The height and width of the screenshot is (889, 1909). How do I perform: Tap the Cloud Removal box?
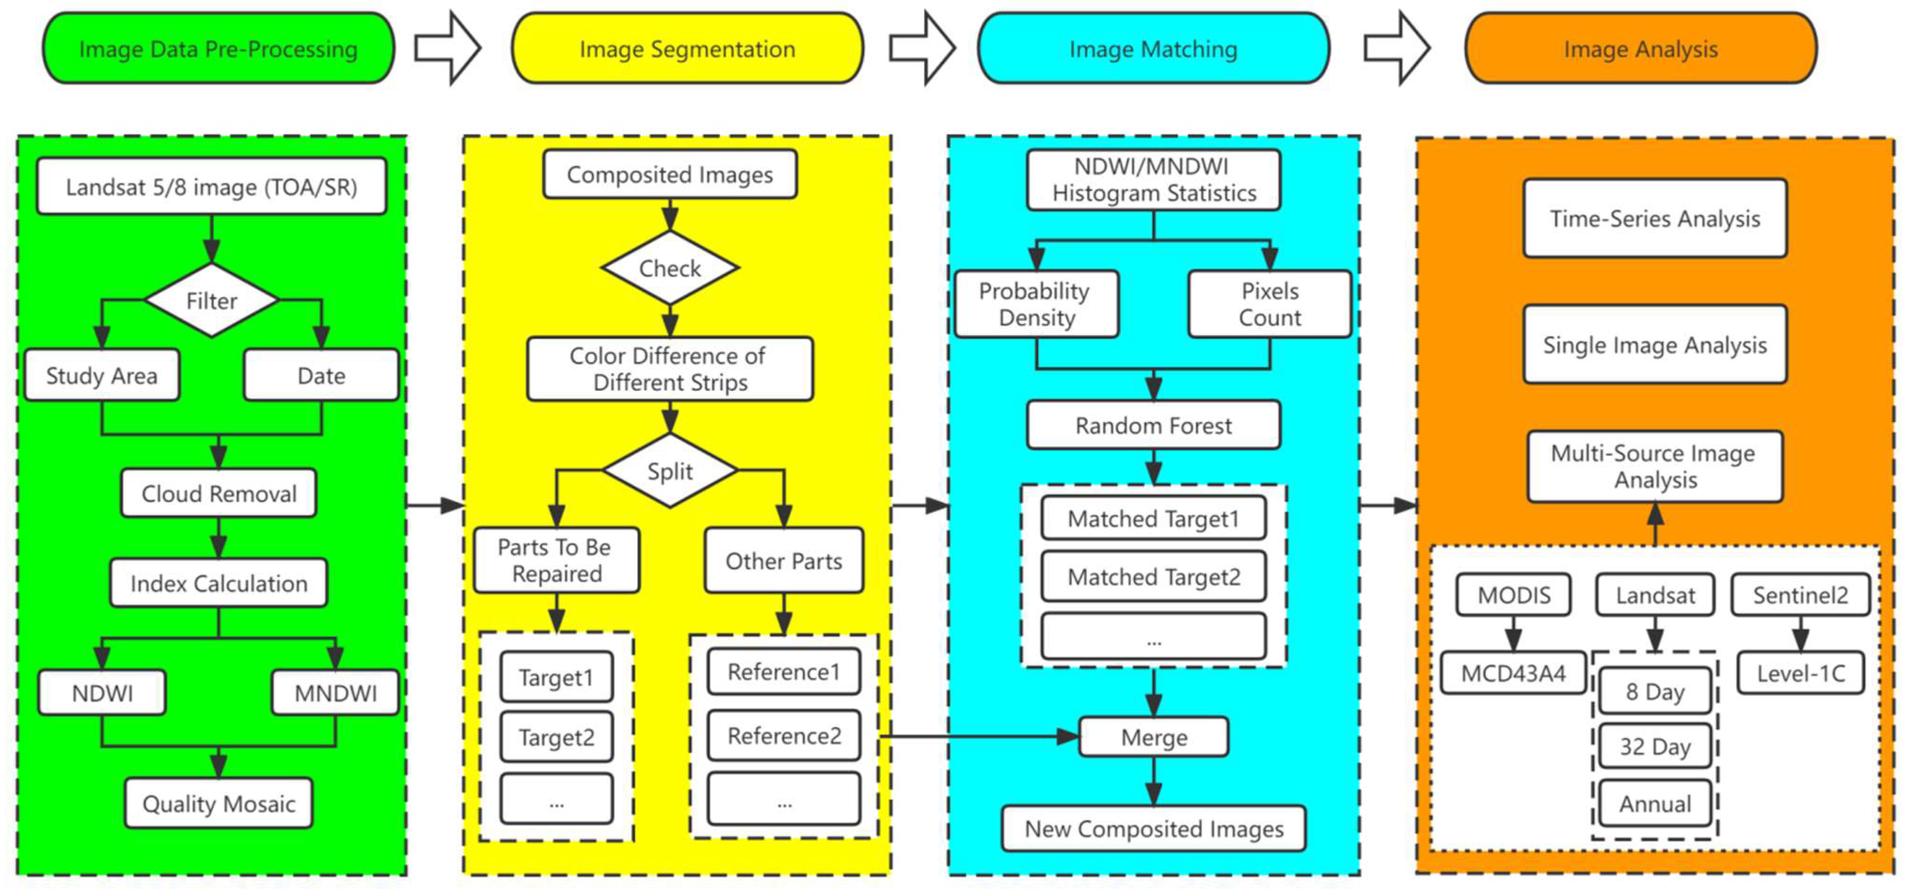pyautogui.click(x=219, y=493)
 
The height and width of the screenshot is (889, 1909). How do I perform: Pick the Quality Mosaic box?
pyautogui.click(x=219, y=803)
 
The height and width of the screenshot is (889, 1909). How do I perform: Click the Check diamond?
pyautogui.click(x=669, y=268)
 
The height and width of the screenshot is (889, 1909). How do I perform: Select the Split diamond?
pyautogui.click(x=669, y=471)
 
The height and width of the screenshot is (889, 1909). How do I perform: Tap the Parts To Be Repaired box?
pyautogui.click(x=556, y=560)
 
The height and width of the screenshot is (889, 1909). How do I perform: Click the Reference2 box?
pyautogui.click(x=784, y=736)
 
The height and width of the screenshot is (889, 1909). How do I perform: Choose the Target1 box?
pyautogui.click(x=556, y=677)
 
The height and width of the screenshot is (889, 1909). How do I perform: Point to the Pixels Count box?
pyautogui.click(x=1269, y=304)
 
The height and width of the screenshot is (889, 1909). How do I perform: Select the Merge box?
pyautogui.click(x=1153, y=737)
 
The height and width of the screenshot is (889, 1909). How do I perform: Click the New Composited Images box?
pyautogui.click(x=1153, y=828)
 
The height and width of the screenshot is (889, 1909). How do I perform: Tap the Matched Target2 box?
pyautogui.click(x=1153, y=576)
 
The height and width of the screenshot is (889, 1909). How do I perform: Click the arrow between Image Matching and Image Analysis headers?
pyautogui.click(x=1397, y=49)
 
